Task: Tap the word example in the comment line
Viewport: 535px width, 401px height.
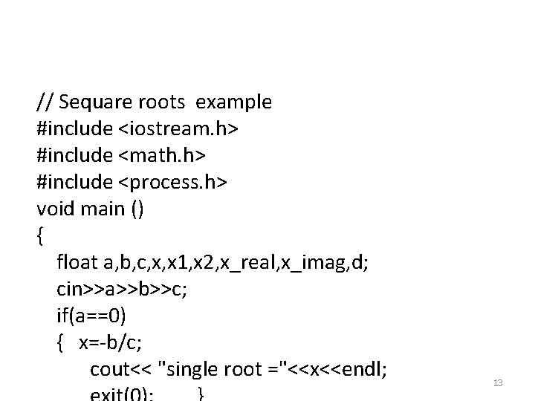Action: (x=237, y=102)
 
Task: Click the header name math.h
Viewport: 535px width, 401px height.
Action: (x=161, y=156)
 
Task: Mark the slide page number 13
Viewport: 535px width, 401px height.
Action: (x=499, y=383)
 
